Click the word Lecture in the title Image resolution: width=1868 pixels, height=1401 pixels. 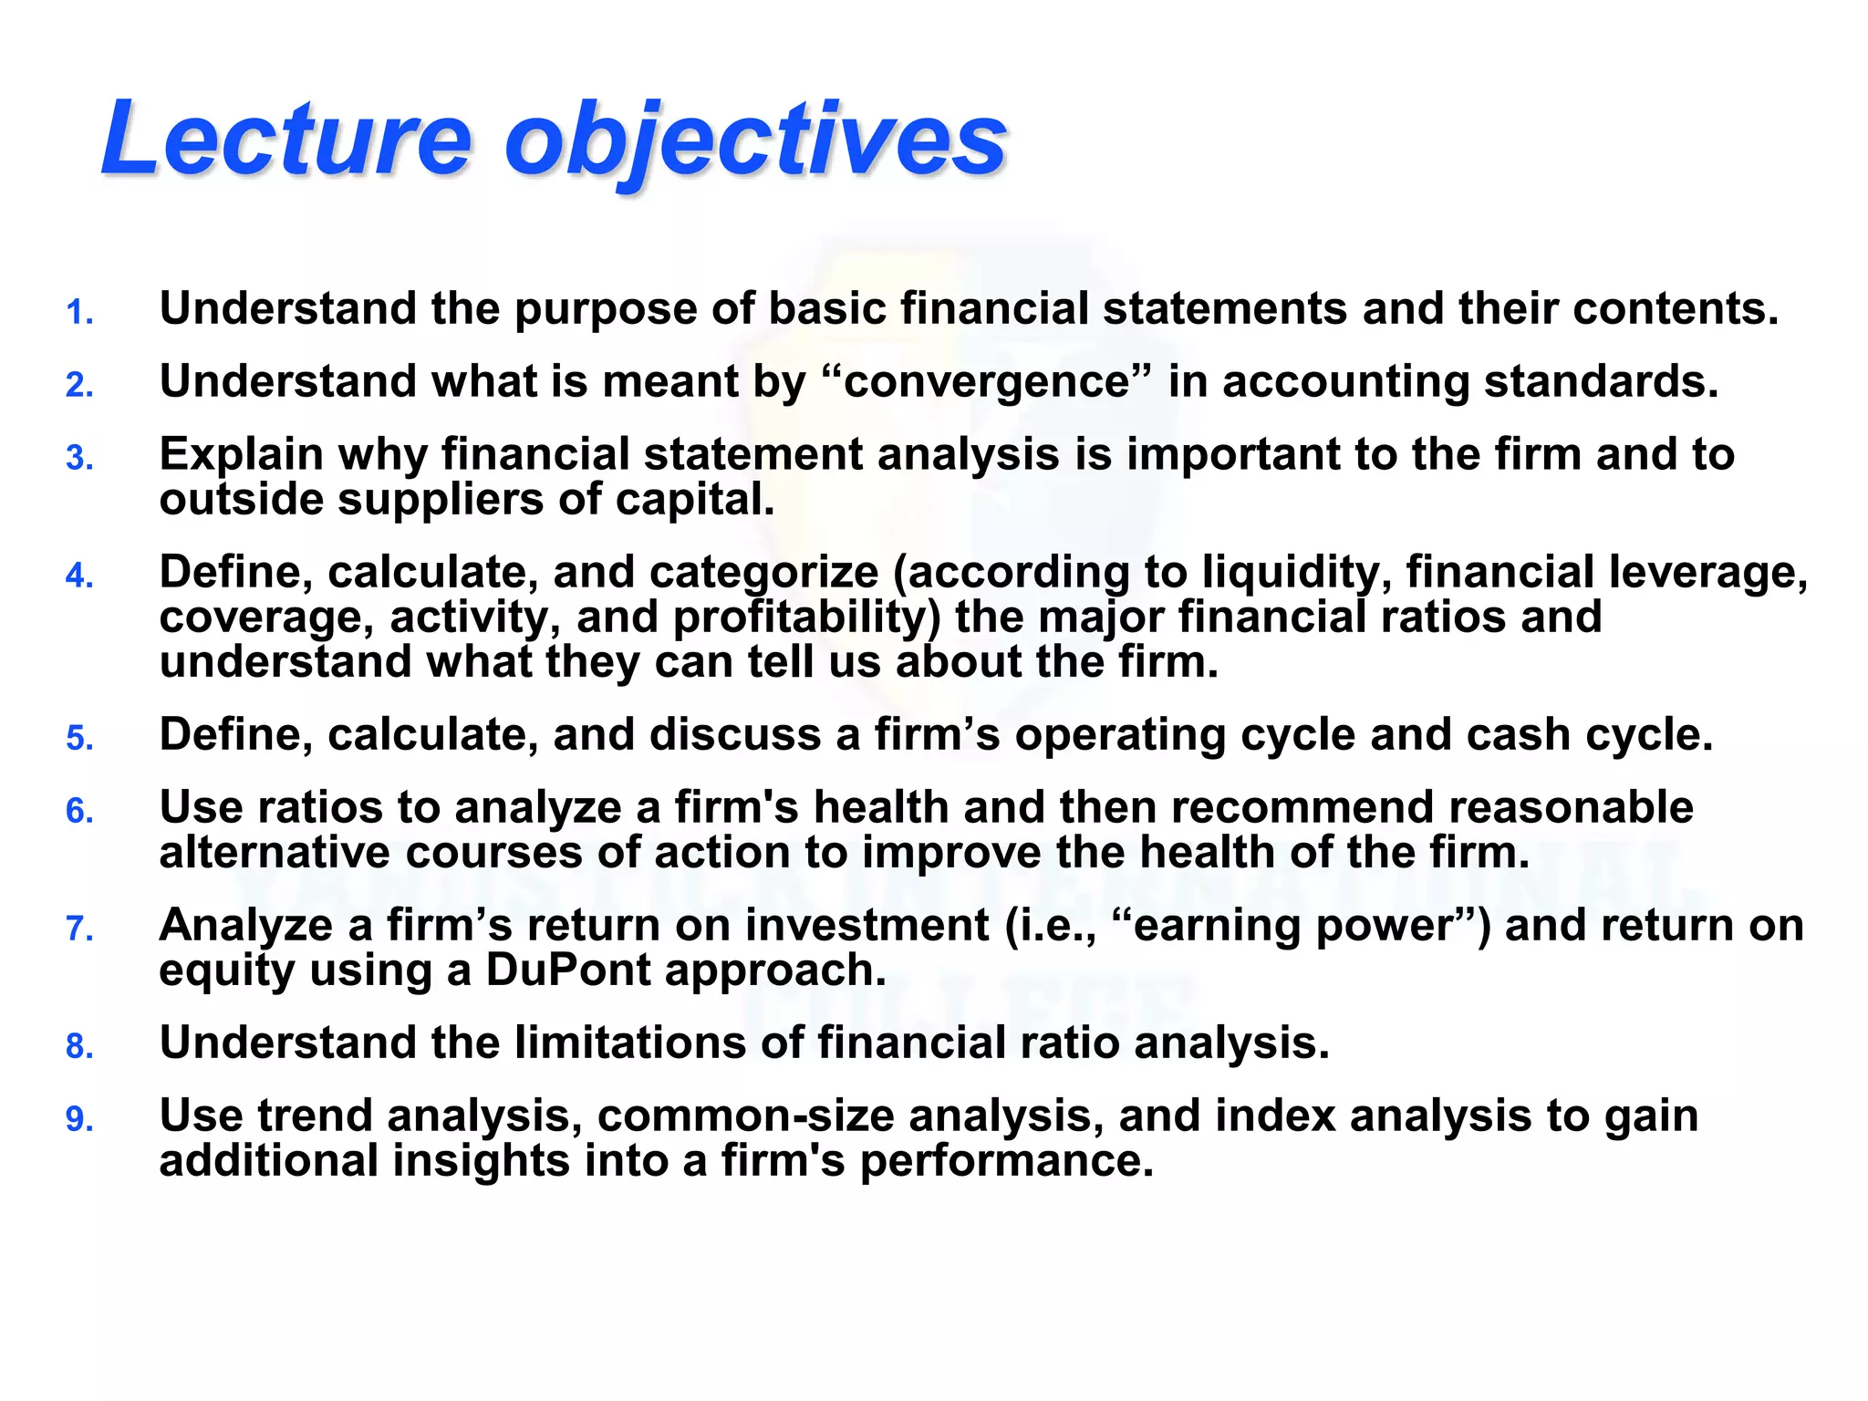(286, 139)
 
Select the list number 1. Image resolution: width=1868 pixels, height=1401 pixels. (79, 313)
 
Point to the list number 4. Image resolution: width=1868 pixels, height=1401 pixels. (79, 576)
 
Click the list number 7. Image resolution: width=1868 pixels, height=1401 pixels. (79, 929)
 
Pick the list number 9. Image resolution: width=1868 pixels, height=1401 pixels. (79, 1119)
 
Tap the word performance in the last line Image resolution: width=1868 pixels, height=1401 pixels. (1006, 1161)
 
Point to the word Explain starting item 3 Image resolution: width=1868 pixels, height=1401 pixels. (241, 455)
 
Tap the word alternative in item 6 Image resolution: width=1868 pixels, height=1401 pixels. (274, 853)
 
